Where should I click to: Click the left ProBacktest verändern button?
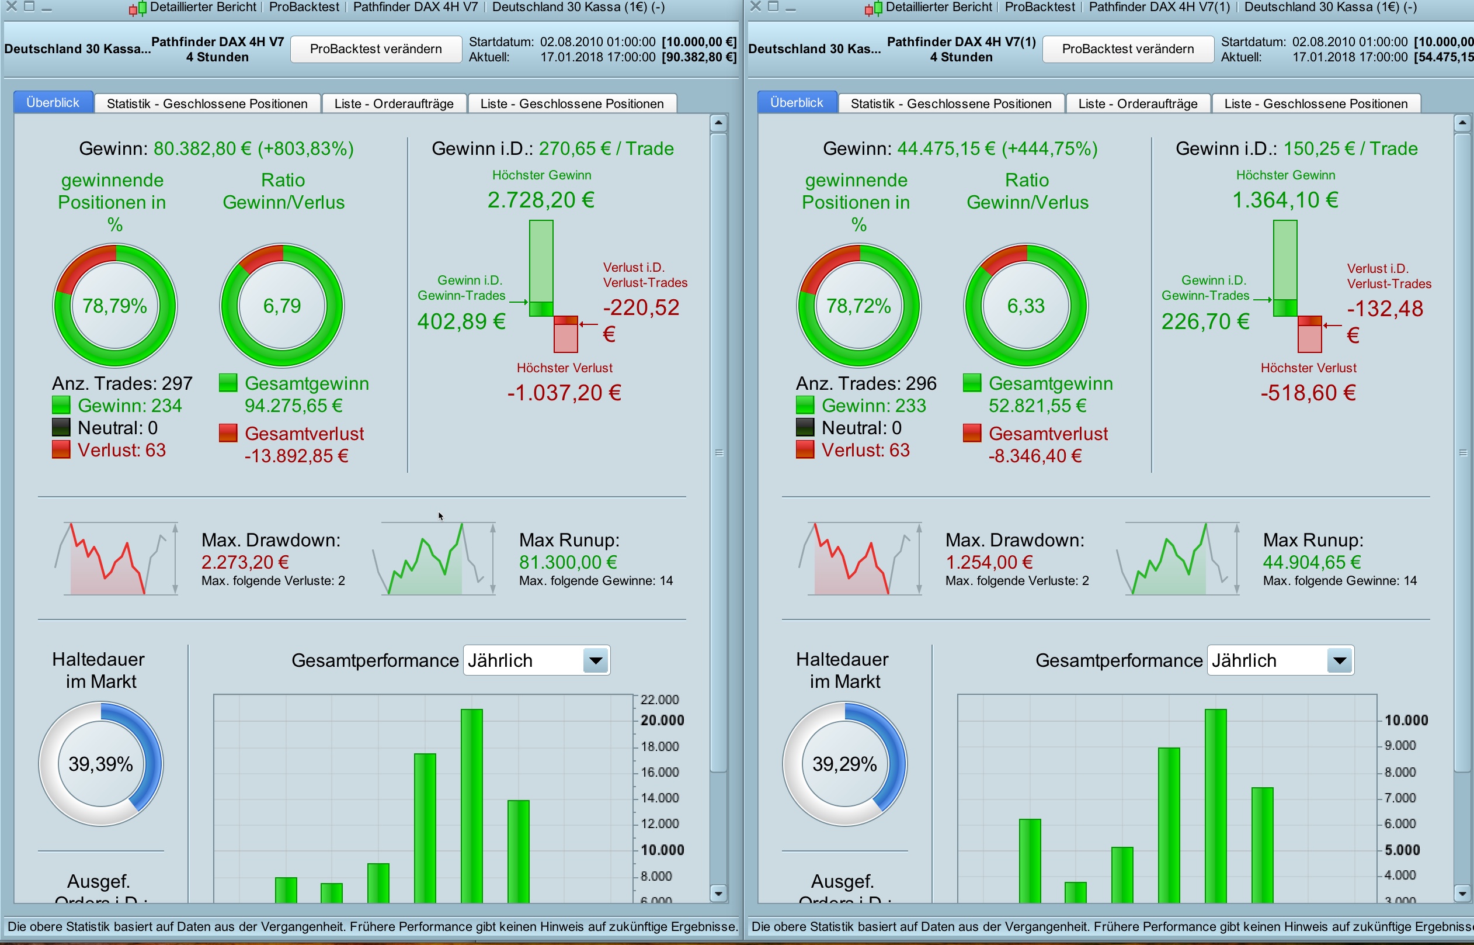coord(376,49)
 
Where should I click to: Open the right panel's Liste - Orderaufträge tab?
coord(1139,103)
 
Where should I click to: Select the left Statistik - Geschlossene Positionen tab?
coord(207,103)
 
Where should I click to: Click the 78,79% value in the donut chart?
coord(114,306)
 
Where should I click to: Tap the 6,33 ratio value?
coord(1026,306)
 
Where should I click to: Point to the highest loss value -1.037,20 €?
coord(564,393)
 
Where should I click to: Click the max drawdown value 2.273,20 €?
coord(245,562)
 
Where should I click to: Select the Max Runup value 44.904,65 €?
coord(1312,562)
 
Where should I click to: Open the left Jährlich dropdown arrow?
coord(595,661)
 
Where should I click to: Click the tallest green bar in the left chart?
coord(471,804)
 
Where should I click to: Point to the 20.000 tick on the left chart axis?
coord(662,721)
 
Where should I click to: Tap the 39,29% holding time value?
coord(844,764)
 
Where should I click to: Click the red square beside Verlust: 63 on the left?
coord(61,450)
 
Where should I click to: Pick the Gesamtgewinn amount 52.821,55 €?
coord(1037,406)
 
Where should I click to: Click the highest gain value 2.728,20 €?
coord(541,200)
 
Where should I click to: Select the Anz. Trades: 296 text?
coord(865,383)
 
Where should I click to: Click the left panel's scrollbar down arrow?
coord(719,893)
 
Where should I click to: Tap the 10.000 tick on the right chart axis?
coord(1406,721)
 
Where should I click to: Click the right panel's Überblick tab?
coord(797,102)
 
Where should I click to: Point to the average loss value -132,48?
coord(1385,309)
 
